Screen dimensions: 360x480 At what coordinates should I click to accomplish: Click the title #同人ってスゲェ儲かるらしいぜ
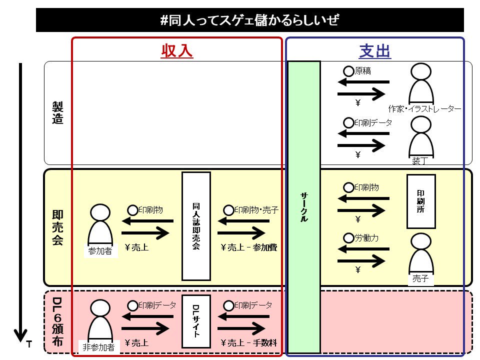[x=249, y=20]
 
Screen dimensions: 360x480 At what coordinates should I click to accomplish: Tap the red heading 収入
[x=176, y=51]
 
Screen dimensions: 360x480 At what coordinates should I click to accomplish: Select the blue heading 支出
[x=375, y=51]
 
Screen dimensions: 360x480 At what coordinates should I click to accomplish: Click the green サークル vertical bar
[x=304, y=207]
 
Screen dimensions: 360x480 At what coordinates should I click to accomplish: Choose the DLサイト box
[x=196, y=321]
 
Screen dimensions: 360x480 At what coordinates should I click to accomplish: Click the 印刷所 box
[x=421, y=201]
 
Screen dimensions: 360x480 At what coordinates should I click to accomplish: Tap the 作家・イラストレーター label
[x=424, y=108]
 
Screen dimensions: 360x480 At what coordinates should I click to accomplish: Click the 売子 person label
[x=420, y=279]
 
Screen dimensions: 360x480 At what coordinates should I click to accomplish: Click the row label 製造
[x=57, y=113]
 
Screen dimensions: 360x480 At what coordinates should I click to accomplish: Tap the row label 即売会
[x=57, y=227]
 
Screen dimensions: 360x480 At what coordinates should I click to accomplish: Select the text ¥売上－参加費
[x=249, y=247]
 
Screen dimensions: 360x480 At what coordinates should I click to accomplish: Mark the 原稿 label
[x=363, y=71]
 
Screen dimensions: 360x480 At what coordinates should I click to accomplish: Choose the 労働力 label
[x=366, y=238]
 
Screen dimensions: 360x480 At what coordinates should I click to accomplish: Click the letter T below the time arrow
[x=29, y=344]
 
